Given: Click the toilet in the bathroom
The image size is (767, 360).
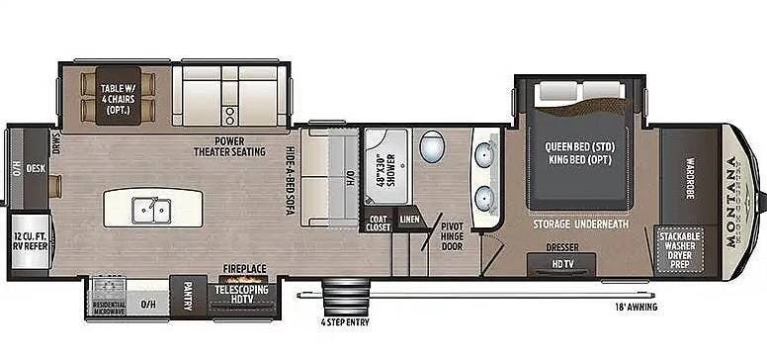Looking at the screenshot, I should (432, 149).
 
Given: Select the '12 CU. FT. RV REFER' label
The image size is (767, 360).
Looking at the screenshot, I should (29, 243).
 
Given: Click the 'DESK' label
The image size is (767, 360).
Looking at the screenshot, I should (36, 169).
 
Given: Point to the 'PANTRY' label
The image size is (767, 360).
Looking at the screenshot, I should (187, 295).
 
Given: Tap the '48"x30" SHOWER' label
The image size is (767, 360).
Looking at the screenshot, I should (379, 171).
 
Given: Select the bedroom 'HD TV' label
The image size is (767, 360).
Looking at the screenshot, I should (563, 263).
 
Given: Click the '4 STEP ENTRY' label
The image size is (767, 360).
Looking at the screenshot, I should (346, 320).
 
